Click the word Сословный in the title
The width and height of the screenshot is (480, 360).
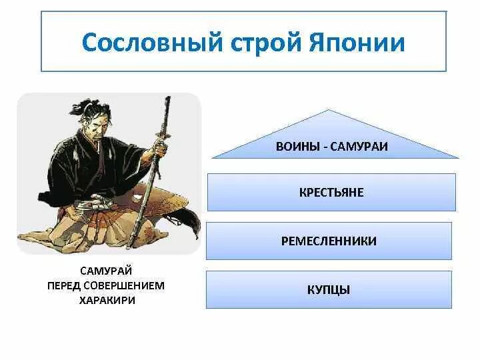point(152,42)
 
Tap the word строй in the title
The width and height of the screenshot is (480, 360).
point(266,43)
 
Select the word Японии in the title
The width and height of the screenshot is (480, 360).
point(357,42)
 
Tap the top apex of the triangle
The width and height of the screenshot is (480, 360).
point(329,109)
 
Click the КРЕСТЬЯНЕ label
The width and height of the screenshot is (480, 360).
point(331,192)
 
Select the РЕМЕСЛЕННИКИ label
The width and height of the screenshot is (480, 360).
point(329,241)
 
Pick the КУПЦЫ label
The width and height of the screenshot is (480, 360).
point(329,289)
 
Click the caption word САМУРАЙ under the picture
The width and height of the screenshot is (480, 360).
point(106,271)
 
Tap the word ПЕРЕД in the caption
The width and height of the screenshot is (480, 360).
point(63,286)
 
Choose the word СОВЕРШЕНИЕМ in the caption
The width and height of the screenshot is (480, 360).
point(124,286)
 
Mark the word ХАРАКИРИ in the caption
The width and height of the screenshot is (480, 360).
point(107,300)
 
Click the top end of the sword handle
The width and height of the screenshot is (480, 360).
point(168,97)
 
